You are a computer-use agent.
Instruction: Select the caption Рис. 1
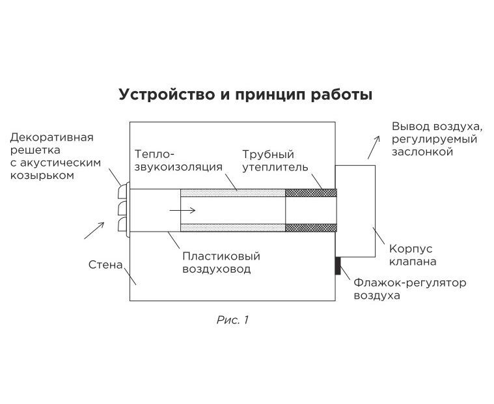point(232,319)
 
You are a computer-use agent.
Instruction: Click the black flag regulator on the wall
point(338,265)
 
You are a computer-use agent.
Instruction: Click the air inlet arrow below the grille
point(94,230)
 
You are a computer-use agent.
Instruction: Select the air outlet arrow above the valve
point(372,148)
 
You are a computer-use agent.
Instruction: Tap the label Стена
point(105,265)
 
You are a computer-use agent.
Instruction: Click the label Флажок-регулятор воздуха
point(409,289)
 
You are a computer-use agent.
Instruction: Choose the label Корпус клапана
point(412,255)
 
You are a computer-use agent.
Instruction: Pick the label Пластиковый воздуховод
point(217,262)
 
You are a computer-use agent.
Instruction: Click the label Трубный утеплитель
point(268,161)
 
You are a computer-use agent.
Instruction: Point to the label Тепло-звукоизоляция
point(178,161)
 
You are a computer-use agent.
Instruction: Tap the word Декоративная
point(52,137)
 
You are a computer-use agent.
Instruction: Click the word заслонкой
point(422,152)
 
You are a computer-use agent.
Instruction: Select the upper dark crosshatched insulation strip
point(311,193)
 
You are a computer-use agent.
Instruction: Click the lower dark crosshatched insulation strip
point(311,228)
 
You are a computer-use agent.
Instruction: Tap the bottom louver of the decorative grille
point(123,225)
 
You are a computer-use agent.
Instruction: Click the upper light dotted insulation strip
point(232,193)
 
